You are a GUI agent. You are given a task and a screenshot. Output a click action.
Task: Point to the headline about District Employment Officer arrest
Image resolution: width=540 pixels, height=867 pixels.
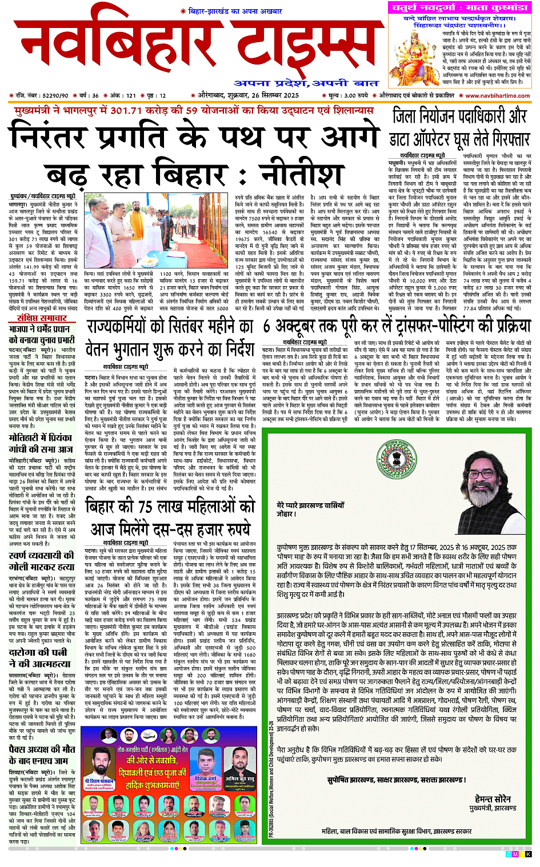tap(460, 127)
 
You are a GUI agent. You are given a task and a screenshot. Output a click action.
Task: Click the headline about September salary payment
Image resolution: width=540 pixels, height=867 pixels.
tap(170, 337)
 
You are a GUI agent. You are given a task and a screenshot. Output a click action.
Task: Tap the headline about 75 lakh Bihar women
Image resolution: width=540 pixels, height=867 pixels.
tap(170, 516)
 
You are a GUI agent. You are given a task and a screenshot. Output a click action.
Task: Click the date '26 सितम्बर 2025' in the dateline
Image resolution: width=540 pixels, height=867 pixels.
tap(269, 95)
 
